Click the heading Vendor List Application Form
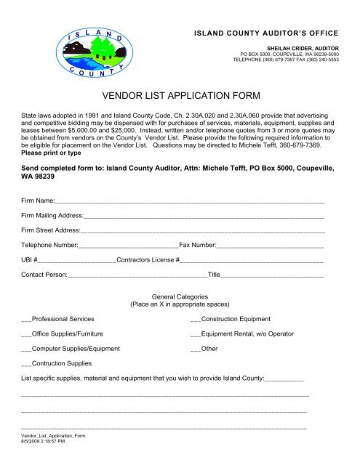180,94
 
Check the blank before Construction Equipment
194,320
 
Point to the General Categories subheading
180,297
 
